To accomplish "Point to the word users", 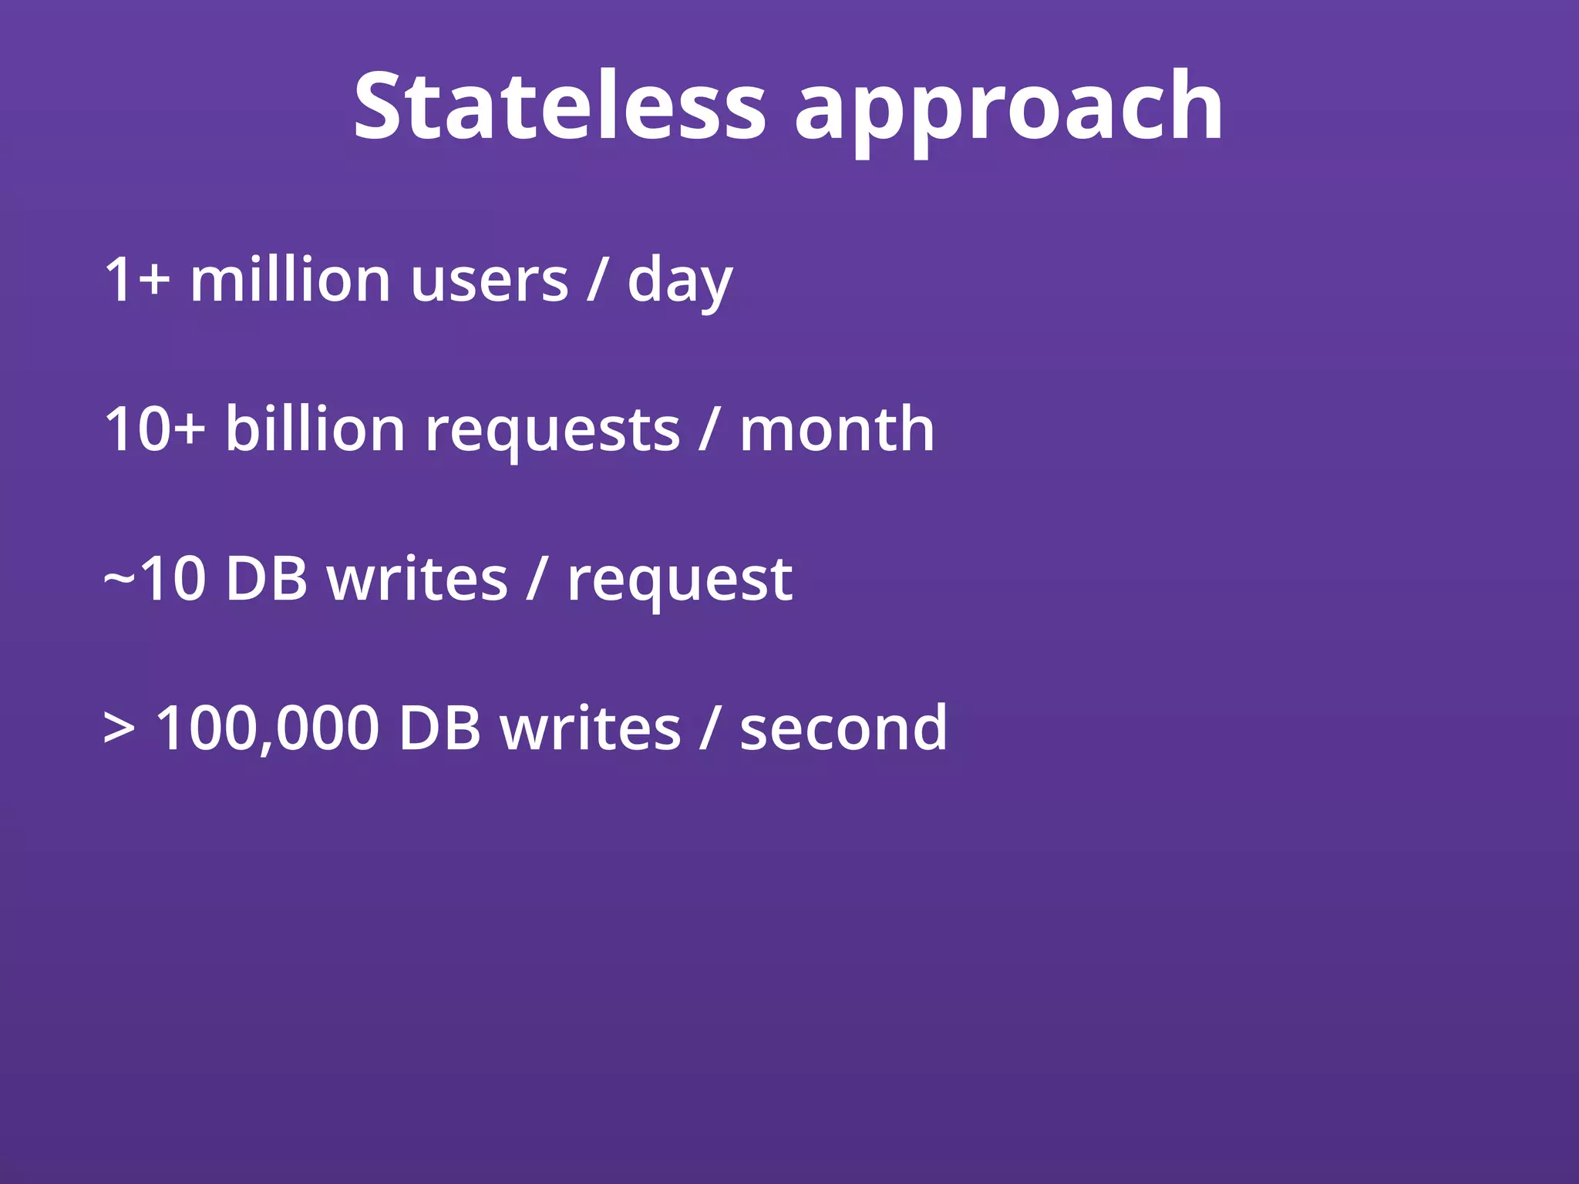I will [x=490, y=281].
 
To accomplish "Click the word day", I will [x=679, y=282].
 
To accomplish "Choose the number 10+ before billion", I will [x=154, y=429].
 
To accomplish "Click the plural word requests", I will [x=552, y=432].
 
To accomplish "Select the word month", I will [x=837, y=429].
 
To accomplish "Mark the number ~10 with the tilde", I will [x=154, y=579].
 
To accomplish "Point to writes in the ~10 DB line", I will [x=417, y=579].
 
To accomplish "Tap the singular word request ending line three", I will [x=679, y=582].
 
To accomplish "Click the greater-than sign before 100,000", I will [x=119, y=728].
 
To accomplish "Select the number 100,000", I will [x=268, y=728].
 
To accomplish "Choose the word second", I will [x=843, y=728].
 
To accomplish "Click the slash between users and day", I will [x=597, y=281].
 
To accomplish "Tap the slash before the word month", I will [x=709, y=430].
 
